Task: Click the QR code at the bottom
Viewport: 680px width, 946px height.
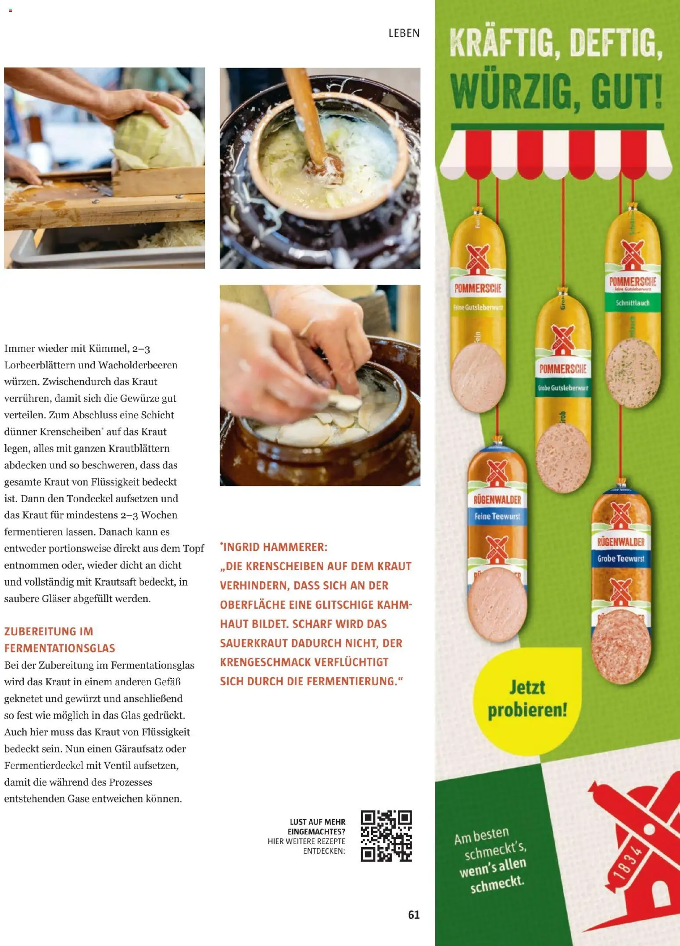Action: [x=386, y=836]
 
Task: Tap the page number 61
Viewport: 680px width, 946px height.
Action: [x=414, y=915]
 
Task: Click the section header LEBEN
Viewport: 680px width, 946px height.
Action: [x=404, y=33]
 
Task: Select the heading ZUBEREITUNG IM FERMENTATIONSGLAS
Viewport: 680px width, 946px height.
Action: [x=60, y=640]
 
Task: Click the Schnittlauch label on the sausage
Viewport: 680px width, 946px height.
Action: [x=632, y=303]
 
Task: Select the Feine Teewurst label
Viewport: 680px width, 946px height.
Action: [x=497, y=516]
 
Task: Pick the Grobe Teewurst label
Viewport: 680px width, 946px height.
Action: [x=621, y=558]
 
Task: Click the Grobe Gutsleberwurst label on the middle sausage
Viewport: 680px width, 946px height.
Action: [x=563, y=388]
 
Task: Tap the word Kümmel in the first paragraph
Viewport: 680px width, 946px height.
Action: [x=108, y=349]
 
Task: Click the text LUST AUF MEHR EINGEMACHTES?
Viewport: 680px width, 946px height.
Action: [x=317, y=827]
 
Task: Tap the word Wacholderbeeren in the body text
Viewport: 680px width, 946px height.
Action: [x=138, y=365]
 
